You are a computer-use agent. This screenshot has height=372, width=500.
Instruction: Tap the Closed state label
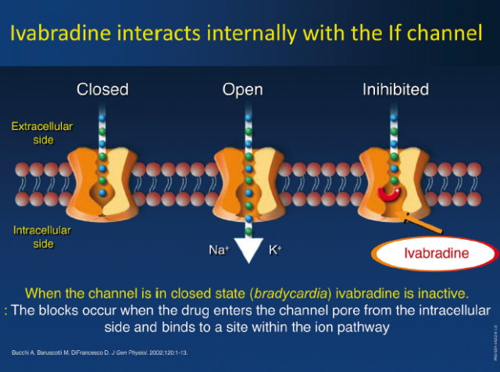(x=102, y=89)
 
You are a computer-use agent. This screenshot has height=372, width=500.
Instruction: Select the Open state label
(x=242, y=89)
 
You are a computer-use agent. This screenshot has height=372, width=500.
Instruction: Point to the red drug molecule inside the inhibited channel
(x=389, y=191)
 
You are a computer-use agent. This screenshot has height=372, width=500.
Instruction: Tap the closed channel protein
(x=102, y=173)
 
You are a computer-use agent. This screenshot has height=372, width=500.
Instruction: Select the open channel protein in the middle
(x=248, y=173)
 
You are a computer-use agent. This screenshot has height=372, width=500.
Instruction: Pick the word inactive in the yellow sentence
(x=442, y=295)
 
